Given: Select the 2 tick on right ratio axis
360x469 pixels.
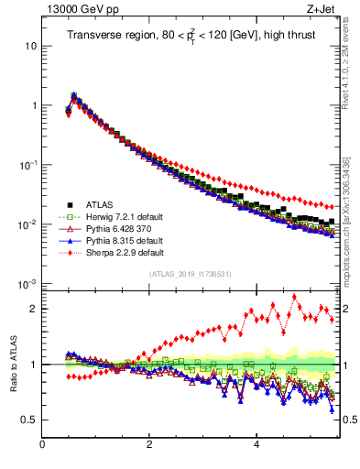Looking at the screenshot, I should pyautogui.click(x=344, y=309).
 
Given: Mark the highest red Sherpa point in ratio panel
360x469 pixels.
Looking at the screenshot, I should pyautogui.click(x=294, y=296).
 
